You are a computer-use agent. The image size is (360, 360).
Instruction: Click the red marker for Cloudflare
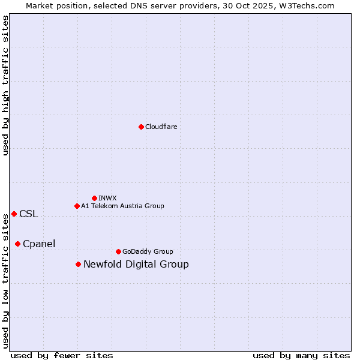tap(141, 127)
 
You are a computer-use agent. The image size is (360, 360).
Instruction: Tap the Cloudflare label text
tap(161, 127)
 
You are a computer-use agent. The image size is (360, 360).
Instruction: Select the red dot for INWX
tap(94, 198)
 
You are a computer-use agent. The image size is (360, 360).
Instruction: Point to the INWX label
tap(107, 198)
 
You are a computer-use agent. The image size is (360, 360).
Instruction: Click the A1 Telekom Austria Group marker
tap(77, 206)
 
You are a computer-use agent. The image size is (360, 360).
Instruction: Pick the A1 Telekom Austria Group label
tap(122, 206)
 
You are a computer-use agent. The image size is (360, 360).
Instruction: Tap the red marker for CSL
tap(14, 214)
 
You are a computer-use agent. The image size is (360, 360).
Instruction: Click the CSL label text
tap(28, 214)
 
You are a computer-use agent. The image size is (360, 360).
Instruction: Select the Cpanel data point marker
tap(17, 244)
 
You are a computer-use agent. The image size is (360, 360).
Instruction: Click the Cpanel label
tap(39, 244)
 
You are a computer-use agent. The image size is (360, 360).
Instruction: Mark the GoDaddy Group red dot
tap(118, 251)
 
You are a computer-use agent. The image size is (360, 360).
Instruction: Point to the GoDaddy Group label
tap(147, 251)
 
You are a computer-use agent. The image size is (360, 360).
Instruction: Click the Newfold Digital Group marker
tap(78, 264)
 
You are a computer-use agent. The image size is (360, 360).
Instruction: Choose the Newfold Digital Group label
tap(136, 264)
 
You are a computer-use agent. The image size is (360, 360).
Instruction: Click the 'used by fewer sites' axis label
tap(62, 355)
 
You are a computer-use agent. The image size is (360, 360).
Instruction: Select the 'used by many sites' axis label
tap(301, 355)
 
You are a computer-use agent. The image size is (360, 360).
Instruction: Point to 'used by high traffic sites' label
tap(5, 85)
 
